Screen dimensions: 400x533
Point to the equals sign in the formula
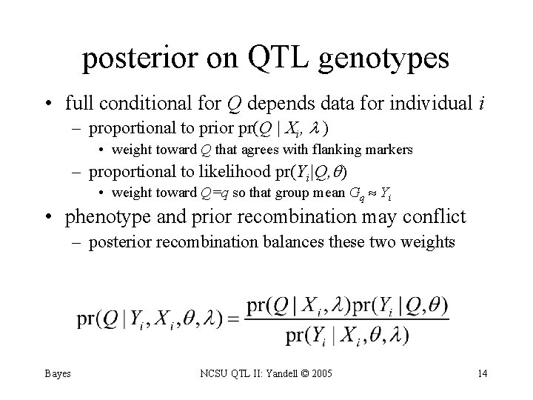click(235, 319)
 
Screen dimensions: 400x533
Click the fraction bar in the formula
click(346, 319)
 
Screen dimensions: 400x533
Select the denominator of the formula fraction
click(346, 336)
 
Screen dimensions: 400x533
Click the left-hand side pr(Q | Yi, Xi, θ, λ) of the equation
click(152, 319)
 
